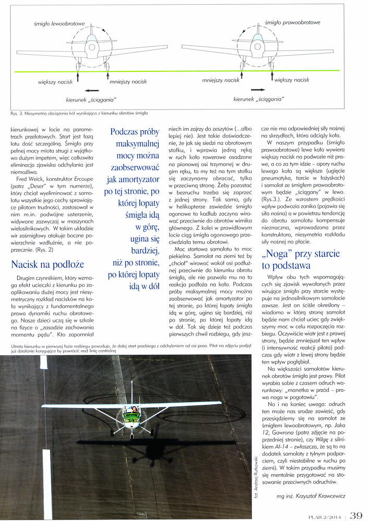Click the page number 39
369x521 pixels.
coord(356,515)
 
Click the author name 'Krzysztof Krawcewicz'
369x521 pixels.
coord(327,497)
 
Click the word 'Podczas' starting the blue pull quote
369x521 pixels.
coord(130,132)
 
